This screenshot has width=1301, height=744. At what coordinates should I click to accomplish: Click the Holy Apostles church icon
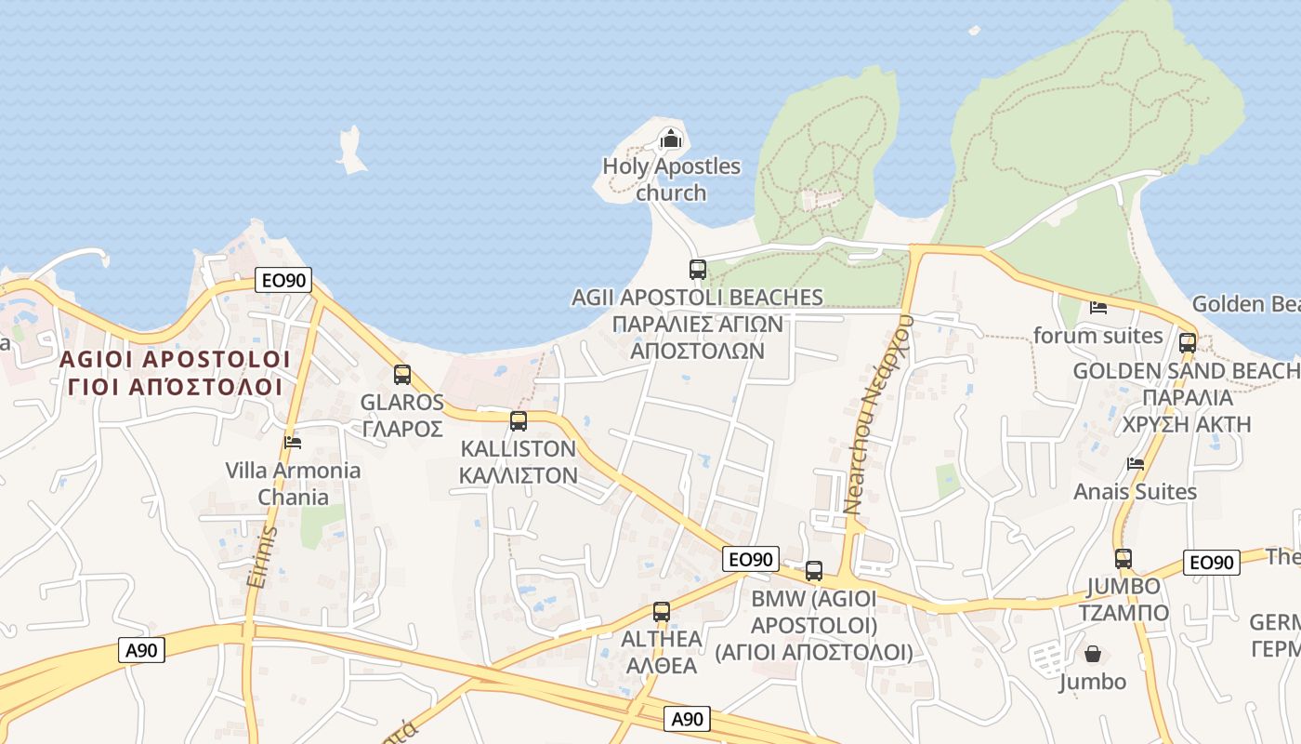coord(670,140)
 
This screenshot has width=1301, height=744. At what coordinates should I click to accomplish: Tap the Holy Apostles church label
coord(671,179)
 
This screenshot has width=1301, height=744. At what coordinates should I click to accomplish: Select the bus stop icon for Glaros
coord(402,375)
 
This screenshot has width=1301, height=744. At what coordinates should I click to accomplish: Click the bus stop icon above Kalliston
coord(519,420)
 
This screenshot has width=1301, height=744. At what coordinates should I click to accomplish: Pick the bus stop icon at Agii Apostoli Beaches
coord(698,270)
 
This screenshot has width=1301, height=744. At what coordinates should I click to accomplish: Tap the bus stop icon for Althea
coord(662,612)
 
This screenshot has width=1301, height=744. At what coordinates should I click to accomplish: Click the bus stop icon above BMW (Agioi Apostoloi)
coord(814,571)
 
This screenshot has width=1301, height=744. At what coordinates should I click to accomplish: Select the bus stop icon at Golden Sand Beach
coord(1188,342)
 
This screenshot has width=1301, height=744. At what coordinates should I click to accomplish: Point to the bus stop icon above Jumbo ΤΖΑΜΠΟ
coord(1124,559)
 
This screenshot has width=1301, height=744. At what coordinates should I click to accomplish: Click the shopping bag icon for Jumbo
coord(1093,655)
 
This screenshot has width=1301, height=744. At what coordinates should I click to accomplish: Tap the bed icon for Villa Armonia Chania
coord(293,443)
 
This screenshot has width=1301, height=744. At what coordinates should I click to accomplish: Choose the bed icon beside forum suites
coord(1098,307)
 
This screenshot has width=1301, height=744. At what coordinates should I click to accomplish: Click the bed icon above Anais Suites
coord(1135,463)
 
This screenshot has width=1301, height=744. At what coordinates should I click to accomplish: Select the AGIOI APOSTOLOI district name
coord(175,359)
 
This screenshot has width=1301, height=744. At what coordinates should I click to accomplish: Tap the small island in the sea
coord(351,151)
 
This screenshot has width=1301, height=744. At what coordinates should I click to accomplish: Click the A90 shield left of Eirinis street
coord(142,650)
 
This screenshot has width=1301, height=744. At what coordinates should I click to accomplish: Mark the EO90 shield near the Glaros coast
coord(283,279)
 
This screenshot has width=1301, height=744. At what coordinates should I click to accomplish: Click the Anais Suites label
coord(1135,491)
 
